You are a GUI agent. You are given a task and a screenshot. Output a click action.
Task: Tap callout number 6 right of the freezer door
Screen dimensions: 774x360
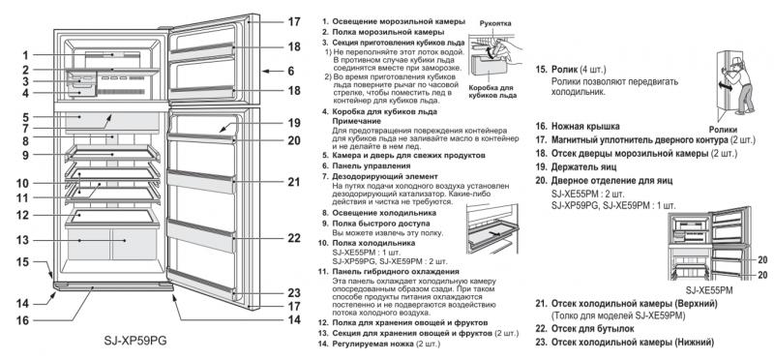291,71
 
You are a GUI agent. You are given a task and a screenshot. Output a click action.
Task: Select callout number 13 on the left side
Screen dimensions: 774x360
22,241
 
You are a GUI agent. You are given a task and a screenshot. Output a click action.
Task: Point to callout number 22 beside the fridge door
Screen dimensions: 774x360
294,238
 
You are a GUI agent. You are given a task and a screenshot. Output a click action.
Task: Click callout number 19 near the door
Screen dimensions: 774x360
294,123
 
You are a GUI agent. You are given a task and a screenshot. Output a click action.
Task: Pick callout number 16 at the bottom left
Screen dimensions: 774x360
22,320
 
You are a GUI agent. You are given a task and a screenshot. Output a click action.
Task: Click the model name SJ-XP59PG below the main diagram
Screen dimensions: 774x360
135,341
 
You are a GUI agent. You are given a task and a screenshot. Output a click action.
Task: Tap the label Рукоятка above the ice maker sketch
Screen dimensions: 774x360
495,23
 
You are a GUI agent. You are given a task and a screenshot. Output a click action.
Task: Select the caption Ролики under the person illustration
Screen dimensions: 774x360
723,130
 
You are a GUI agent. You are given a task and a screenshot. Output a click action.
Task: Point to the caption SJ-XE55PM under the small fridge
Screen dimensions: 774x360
709,291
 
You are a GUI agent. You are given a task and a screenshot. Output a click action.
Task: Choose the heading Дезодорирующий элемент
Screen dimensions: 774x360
385,176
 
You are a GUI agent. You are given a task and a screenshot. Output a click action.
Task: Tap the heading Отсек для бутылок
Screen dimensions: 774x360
593,328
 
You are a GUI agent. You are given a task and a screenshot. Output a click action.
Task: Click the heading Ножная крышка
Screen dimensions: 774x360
585,127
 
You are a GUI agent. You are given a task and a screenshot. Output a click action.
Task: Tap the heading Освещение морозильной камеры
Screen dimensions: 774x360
399,21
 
